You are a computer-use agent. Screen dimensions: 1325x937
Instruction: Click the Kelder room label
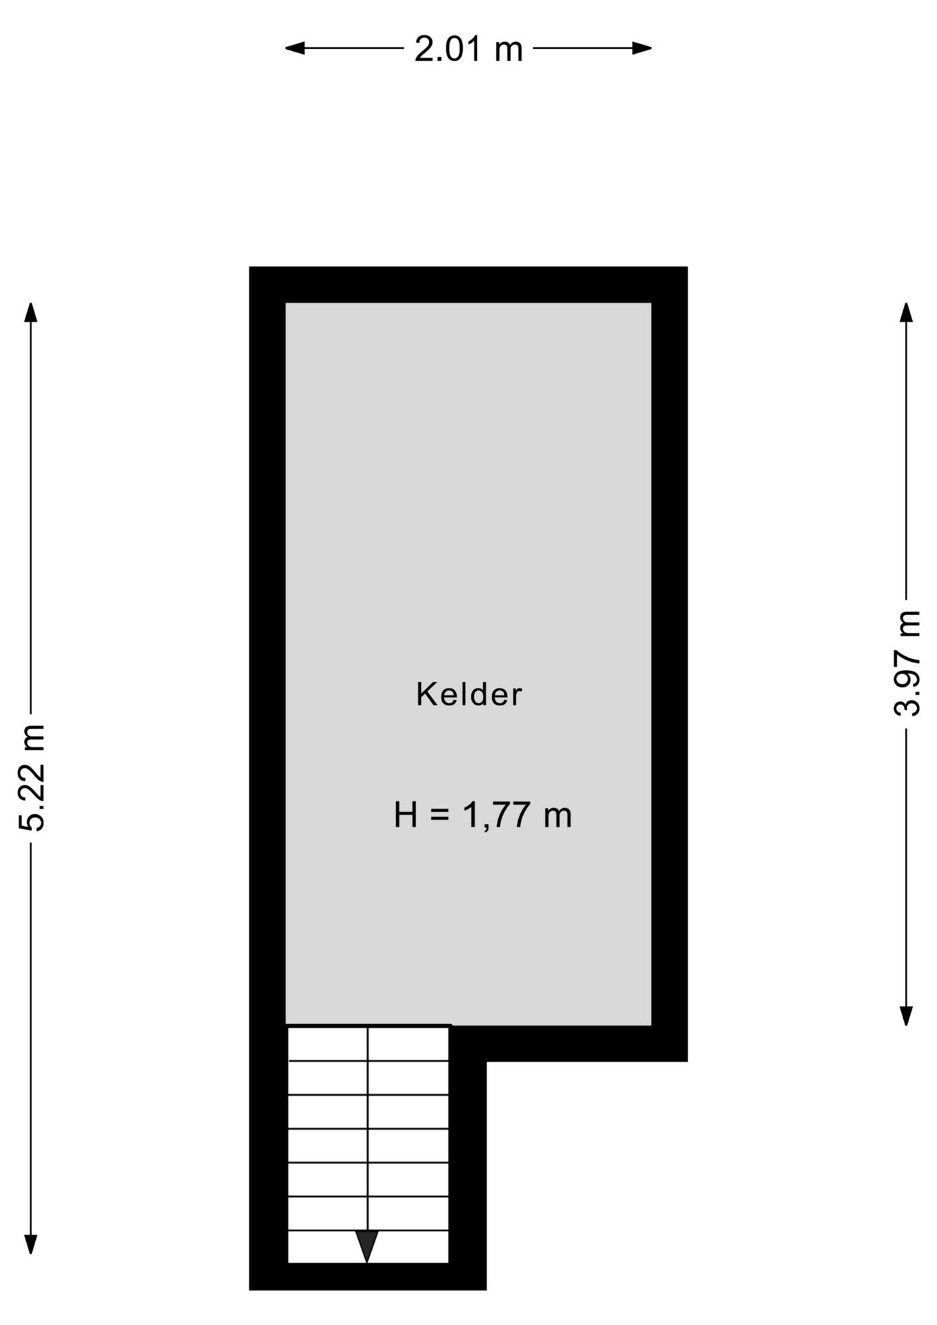point(468,694)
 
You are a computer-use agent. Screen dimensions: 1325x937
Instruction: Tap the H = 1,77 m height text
point(482,815)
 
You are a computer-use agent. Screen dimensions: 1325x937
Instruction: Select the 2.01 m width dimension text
point(468,50)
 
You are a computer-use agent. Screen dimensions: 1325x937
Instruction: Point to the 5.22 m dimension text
point(32,777)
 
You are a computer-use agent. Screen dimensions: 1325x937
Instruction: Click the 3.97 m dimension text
point(907,664)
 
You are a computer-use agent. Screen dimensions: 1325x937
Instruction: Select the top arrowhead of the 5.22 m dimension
point(31,312)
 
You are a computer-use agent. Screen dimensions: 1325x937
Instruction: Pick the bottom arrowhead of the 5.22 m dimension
point(31,1244)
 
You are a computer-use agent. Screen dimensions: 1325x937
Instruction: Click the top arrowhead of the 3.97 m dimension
point(907,312)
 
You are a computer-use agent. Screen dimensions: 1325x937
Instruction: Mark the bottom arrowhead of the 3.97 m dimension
point(907,1016)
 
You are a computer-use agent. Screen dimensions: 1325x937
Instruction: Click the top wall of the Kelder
point(468,284)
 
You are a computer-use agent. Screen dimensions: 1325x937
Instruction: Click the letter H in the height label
point(406,815)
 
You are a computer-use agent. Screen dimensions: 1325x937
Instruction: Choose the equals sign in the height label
point(440,816)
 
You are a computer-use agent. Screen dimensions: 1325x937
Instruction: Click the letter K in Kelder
point(424,694)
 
